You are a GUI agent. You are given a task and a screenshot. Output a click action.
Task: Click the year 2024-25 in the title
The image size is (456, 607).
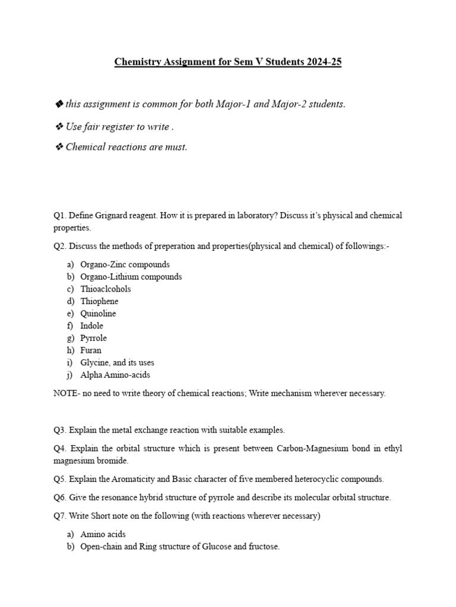tap(322, 62)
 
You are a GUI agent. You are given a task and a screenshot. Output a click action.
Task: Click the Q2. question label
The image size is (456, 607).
tap(60, 247)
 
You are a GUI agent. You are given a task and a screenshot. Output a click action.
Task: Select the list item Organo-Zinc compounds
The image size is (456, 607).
tap(125, 264)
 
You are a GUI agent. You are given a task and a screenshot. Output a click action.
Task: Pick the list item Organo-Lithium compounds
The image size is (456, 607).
tap(131, 277)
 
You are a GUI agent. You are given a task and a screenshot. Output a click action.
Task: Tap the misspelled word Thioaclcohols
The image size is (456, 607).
tap(106, 289)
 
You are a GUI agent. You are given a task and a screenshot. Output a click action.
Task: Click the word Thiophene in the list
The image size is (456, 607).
tap(99, 301)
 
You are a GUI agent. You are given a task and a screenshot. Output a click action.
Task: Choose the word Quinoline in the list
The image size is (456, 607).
tap(98, 314)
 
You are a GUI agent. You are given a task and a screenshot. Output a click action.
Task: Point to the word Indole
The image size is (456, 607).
tap(91, 326)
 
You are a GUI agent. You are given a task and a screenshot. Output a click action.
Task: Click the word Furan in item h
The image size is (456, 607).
tap(91, 350)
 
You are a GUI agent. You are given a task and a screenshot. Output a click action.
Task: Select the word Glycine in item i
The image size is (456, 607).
tap(94, 362)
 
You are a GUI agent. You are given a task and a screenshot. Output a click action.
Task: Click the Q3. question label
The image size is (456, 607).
tap(60, 429)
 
